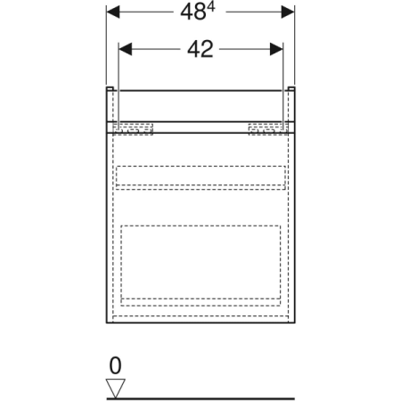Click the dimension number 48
tap(193, 12)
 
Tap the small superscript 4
tap(211, 8)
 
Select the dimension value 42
tap(200, 49)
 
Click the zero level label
tap(115, 365)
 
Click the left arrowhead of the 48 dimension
tap(113, 12)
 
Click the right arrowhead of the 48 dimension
tap(288, 12)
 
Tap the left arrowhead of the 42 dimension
tap(126, 49)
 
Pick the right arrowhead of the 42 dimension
tap(276, 49)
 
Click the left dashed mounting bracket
tap(133, 129)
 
